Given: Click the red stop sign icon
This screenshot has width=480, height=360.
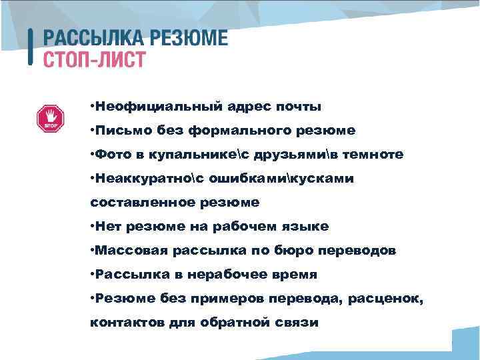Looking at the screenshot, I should coord(49,119).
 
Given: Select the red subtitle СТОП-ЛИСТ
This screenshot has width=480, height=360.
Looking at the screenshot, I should coord(94,59).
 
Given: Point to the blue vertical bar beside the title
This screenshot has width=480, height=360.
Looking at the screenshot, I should coord(31,47).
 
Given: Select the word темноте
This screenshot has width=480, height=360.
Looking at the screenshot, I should coord(371,154).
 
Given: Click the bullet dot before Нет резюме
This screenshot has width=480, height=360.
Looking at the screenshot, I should coord(92,226).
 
